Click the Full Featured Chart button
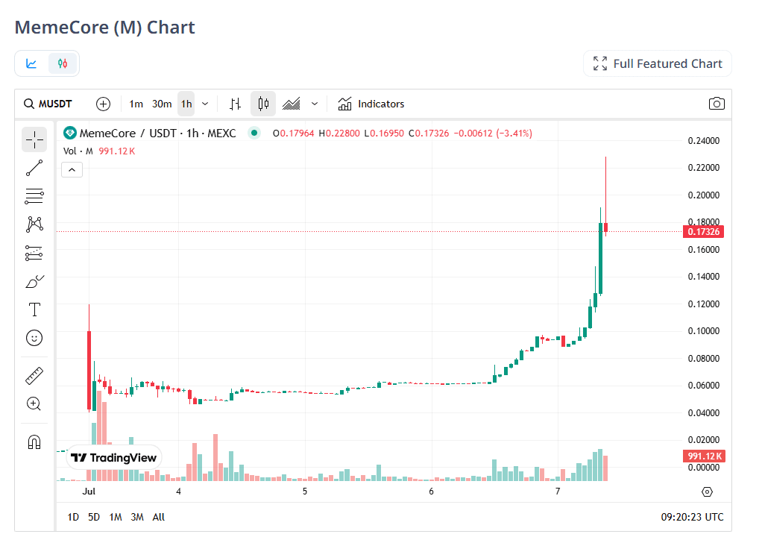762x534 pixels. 658,63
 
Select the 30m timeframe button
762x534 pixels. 162,104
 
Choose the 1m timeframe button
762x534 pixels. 136,104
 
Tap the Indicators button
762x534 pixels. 371,104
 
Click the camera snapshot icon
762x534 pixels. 717,104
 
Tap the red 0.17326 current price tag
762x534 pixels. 703,232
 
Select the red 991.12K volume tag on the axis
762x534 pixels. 703,456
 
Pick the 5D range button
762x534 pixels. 94,517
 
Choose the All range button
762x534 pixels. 159,517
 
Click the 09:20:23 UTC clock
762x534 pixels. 692,517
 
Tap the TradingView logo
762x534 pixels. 114,457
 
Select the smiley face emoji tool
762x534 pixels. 34,338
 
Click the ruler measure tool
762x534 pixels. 34,375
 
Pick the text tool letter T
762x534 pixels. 34,310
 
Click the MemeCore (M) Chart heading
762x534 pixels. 105,28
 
